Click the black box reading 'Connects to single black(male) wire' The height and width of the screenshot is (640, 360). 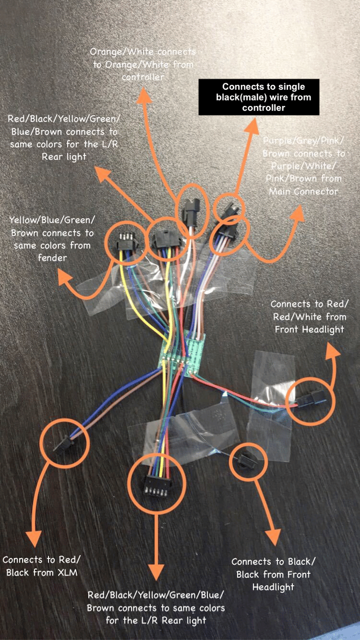pos(259,97)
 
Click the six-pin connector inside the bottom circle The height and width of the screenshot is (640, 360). pos(156,487)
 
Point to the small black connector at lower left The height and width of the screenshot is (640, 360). pos(64,443)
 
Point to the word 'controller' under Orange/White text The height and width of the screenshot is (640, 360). pos(142,77)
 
